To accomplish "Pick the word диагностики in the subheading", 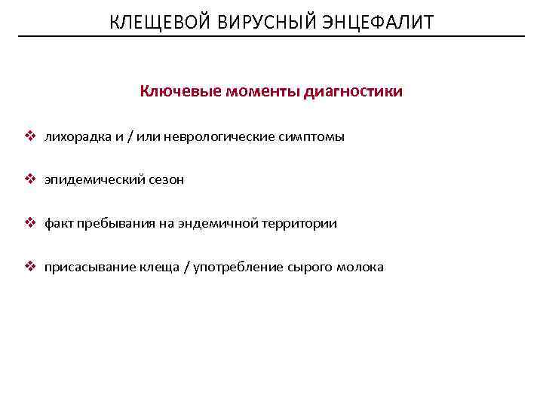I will pos(353,92).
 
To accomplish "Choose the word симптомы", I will pos(312,137).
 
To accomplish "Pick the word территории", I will pos(299,224).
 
